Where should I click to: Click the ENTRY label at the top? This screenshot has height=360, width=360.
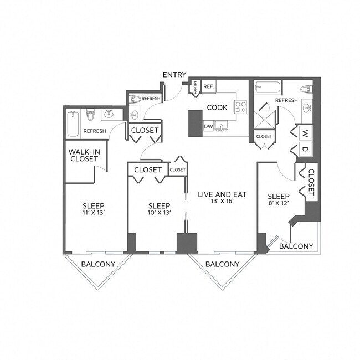[174, 75]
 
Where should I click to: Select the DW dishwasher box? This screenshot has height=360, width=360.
[208, 126]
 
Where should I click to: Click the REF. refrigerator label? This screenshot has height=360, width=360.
[209, 87]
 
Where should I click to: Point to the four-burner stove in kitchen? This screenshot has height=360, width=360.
[240, 107]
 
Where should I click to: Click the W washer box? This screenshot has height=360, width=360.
[305, 133]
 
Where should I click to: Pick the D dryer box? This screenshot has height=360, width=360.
[305, 148]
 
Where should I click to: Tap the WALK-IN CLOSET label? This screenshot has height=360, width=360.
[84, 155]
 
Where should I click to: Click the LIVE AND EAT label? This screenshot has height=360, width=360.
[222, 195]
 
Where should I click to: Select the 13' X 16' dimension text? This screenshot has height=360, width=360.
[222, 203]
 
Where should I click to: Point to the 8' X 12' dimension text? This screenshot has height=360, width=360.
[279, 204]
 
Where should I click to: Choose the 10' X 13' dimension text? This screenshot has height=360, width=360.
[159, 212]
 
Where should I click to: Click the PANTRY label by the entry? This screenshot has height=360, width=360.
[196, 87]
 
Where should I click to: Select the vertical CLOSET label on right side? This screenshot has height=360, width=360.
[311, 183]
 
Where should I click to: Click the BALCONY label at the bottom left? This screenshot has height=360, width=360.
[98, 264]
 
